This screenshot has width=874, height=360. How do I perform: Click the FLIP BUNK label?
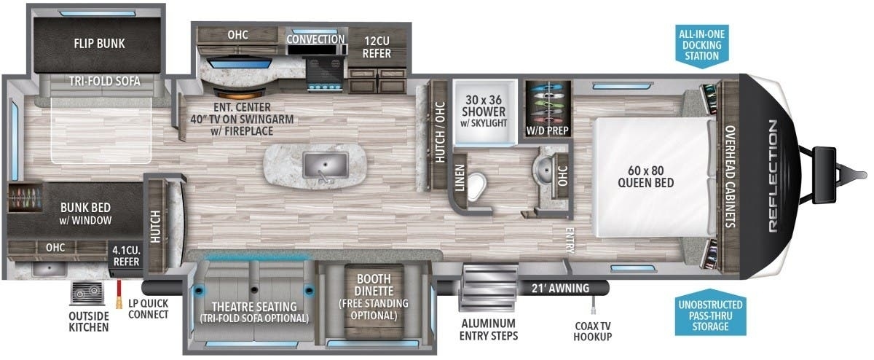click(x=99, y=43)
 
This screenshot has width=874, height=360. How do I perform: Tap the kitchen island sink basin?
click(x=325, y=165)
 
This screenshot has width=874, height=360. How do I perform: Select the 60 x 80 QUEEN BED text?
click(x=646, y=176)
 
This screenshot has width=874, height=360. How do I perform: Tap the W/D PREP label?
click(x=548, y=130)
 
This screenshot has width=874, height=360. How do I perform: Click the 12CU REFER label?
click(x=377, y=47)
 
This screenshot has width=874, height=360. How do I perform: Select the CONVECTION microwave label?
click(x=315, y=39)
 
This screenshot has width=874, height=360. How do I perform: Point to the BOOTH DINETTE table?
click(x=374, y=302)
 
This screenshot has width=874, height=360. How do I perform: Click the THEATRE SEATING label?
click(x=254, y=307)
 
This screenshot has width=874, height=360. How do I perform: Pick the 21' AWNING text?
click(x=560, y=288)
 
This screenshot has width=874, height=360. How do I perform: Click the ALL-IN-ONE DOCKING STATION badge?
click(x=702, y=45)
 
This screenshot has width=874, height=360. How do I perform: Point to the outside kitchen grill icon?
click(x=87, y=294)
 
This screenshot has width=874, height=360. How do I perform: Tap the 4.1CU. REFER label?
click(x=126, y=256)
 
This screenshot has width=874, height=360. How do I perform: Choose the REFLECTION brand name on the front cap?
click(x=773, y=176)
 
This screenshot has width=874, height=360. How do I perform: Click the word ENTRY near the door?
click(x=570, y=240)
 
